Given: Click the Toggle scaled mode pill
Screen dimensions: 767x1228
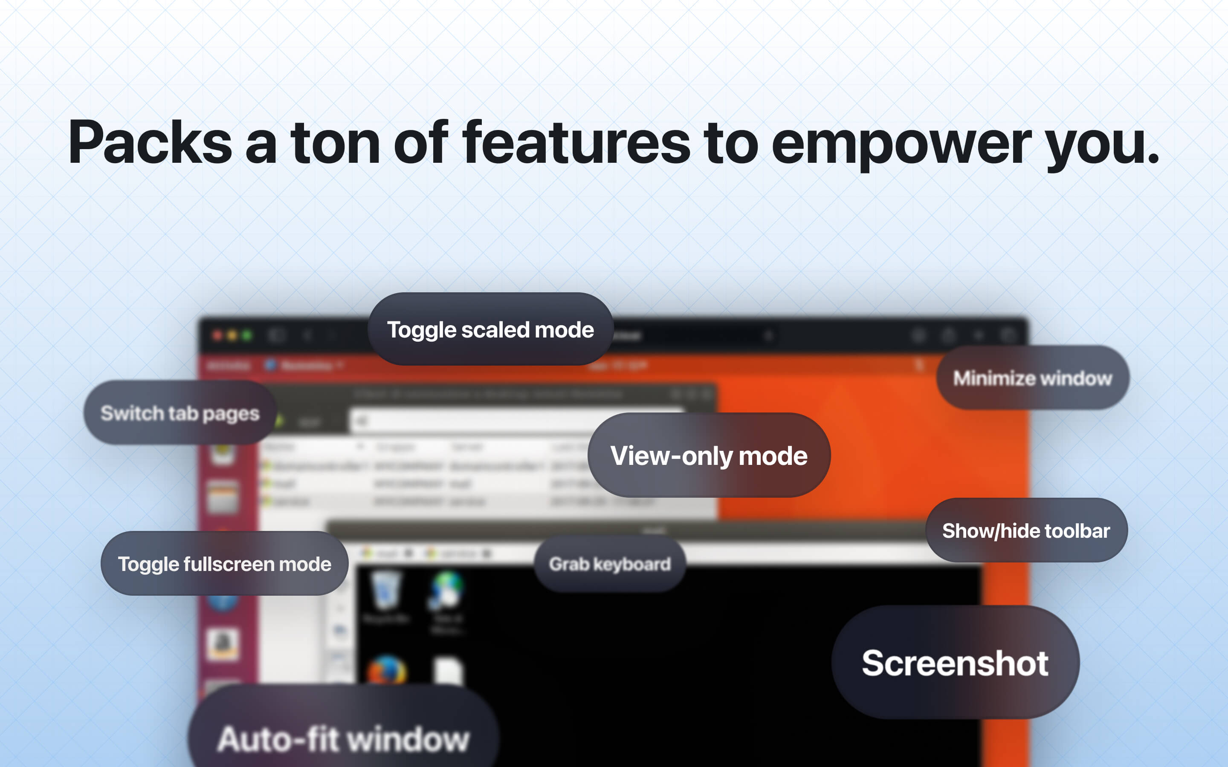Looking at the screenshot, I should point(490,329).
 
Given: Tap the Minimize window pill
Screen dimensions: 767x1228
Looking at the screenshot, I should point(1032,378).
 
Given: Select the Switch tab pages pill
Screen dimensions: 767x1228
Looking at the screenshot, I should point(180,413).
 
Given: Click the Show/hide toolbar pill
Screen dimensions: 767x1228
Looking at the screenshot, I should point(1026,530).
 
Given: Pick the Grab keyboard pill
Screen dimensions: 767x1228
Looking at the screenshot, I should point(609,564).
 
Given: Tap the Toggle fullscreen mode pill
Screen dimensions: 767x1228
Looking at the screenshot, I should point(224,564).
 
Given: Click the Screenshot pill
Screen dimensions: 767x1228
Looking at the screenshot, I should point(955,662).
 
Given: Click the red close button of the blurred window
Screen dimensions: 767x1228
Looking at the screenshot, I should point(217,335).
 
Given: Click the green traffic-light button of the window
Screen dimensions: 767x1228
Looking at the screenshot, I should point(247,335).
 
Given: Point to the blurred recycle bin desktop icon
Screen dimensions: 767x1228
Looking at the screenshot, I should point(387,591).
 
